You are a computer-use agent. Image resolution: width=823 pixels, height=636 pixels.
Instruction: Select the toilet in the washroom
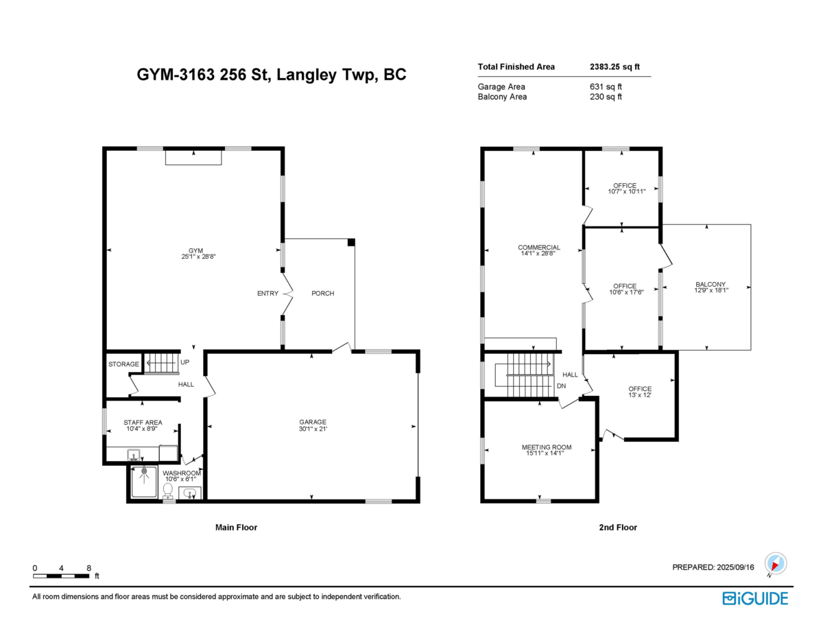pos(167,490)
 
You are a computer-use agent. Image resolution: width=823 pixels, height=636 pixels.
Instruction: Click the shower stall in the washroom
pos(144,482)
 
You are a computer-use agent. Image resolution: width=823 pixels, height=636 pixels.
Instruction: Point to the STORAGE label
pos(123,364)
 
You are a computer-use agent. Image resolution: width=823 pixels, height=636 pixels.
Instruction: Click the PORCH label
pos(322,294)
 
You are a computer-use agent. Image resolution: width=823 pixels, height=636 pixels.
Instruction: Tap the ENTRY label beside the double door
pos(267,294)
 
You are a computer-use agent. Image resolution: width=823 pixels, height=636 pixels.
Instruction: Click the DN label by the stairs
pos(561,386)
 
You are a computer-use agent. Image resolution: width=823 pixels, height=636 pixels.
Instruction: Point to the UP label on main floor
pos(185,362)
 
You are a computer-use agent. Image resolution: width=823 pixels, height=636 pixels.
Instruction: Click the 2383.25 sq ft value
pos(615,67)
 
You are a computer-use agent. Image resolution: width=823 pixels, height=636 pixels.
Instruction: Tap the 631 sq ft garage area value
pos(601,86)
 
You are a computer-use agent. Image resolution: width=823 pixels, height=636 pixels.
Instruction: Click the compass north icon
pos(775,564)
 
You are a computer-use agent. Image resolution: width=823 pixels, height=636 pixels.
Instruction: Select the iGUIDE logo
pos(755,598)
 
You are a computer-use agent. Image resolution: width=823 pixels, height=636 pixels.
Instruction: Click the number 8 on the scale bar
pos(89,568)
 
